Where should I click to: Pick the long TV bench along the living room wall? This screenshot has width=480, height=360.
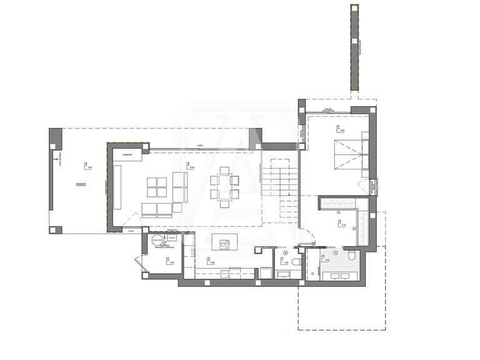(x=117, y=187)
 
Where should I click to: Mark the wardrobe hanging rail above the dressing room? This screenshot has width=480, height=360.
(x=338, y=202)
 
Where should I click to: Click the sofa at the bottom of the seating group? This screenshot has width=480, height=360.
(x=157, y=209)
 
